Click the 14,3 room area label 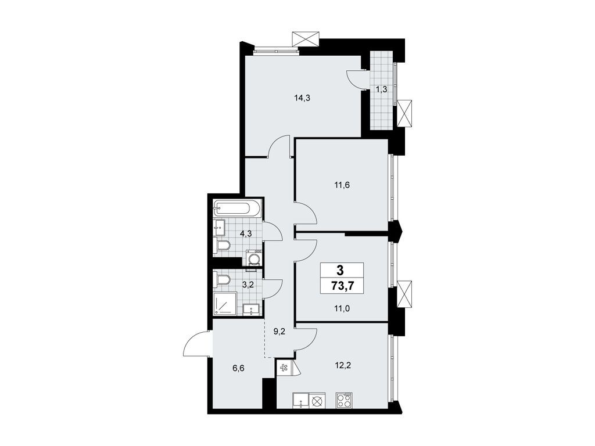click(302, 98)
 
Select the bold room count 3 click(340, 269)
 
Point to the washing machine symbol click(253, 258)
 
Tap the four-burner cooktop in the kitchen click(344, 401)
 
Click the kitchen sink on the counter click(302, 400)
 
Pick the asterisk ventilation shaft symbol click(284, 368)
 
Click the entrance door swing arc click(196, 343)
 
